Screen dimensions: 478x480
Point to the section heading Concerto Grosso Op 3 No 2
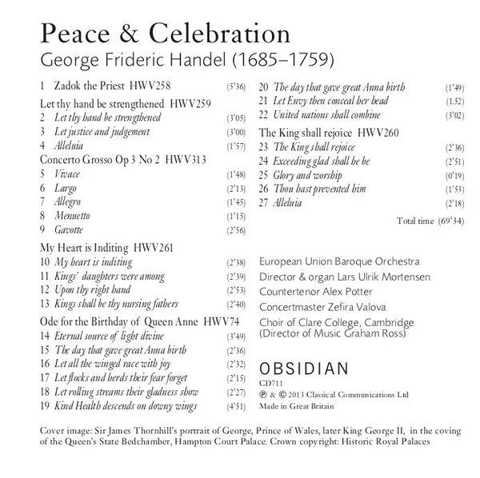pos(90,160)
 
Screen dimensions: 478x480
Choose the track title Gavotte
pos(70,230)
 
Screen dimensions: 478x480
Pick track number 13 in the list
pos(45,305)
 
